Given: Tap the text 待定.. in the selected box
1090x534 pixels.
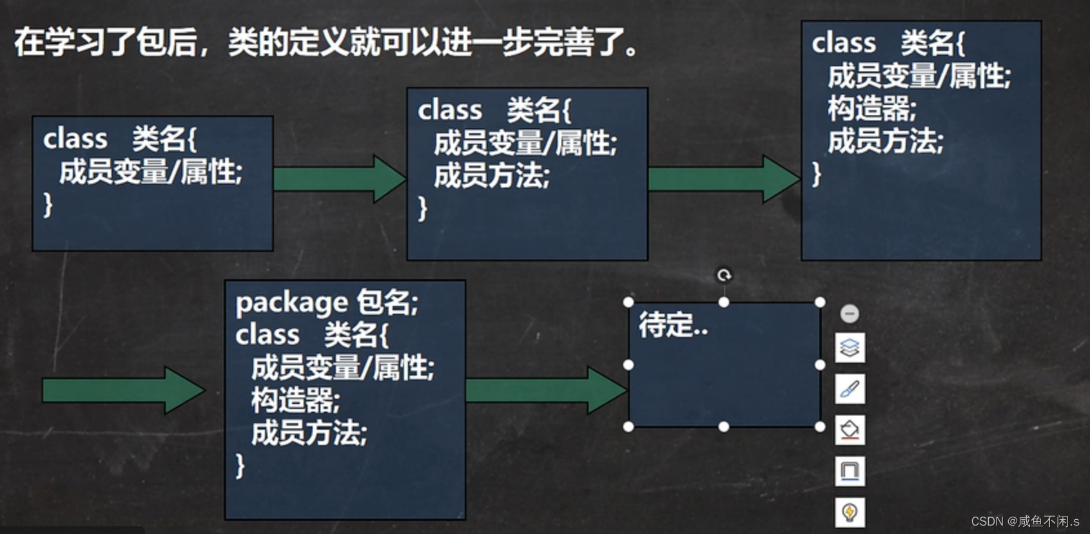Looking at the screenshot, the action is [673, 325].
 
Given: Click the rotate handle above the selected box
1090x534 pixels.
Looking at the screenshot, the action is [724, 276].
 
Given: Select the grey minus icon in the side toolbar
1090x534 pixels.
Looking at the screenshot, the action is [850, 314].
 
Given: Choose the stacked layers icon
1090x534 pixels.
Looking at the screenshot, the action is [850, 348].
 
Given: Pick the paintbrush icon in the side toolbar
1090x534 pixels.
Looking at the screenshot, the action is [850, 389].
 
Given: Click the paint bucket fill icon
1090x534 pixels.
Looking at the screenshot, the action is [850, 430].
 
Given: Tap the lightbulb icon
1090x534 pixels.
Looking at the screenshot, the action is [850, 512].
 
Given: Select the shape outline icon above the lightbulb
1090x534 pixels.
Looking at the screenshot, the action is [850, 471].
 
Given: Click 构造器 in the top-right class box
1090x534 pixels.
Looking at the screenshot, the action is [871, 108].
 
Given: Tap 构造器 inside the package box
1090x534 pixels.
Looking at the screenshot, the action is [295, 401].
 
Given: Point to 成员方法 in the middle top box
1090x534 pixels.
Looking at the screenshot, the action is [491, 176].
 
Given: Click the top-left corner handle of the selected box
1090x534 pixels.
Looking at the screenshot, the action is [628, 302].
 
